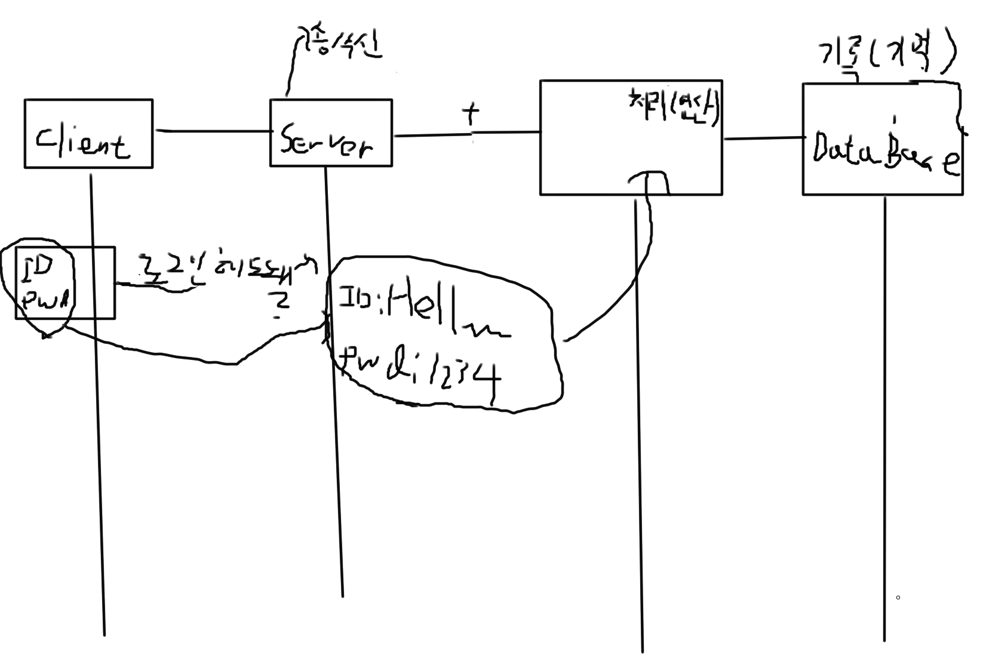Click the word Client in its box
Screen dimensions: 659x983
pyautogui.click(x=82, y=144)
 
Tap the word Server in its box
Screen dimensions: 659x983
pyautogui.click(x=326, y=141)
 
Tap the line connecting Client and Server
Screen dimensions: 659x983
pyautogui.click(x=211, y=131)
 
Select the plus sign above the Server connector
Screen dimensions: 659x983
pyautogui.click(x=471, y=111)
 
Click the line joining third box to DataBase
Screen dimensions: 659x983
pyautogui.click(x=763, y=138)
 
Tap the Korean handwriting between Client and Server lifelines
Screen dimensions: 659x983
pyautogui.click(x=227, y=272)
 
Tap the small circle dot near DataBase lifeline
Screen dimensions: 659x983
pyautogui.click(x=898, y=597)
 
